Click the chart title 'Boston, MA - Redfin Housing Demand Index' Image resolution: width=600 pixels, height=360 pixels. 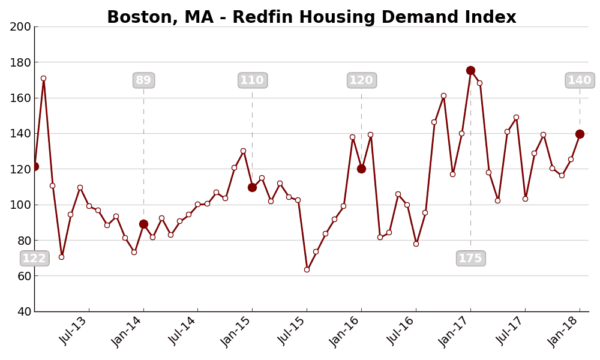point(311,17)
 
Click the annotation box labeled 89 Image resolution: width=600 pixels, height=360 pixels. point(143,80)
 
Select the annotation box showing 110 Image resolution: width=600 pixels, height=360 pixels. point(253,80)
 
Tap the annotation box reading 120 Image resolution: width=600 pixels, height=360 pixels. point(361,80)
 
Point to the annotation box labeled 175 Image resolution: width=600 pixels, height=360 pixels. point(470,259)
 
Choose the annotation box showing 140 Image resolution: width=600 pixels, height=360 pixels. point(580,80)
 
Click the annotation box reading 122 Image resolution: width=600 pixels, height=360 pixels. point(34,259)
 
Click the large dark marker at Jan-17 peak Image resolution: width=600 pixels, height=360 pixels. point(470,71)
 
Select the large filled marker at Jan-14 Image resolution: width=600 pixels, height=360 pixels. point(143,224)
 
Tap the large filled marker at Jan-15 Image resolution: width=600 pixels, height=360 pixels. point(252,187)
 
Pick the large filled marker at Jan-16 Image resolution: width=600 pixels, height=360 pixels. point(361,169)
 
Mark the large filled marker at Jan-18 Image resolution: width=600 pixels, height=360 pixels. point(580,134)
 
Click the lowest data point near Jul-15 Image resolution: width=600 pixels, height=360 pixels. point(307,269)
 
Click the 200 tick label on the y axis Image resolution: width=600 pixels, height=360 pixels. point(20,26)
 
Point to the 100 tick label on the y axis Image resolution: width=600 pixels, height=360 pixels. point(20,205)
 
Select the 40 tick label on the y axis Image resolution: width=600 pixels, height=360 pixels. point(24,311)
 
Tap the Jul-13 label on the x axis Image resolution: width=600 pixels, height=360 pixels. point(74,330)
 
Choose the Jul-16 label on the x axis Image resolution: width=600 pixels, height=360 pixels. point(401,330)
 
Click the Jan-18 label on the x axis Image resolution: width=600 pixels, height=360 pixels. point(565,330)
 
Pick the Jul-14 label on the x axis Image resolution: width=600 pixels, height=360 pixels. point(182,330)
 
